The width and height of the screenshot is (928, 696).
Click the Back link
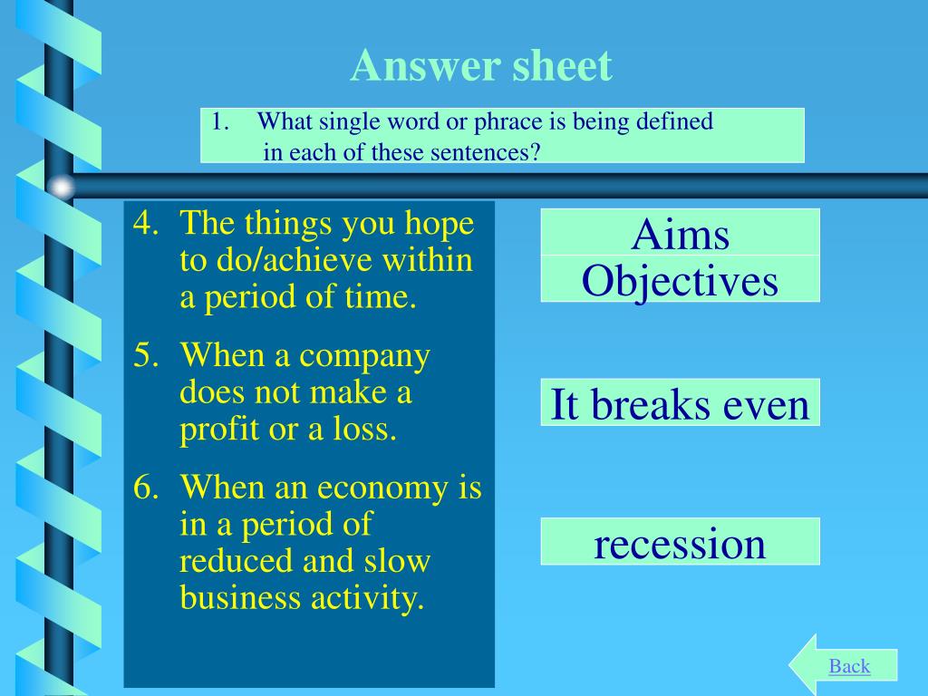pos(849,666)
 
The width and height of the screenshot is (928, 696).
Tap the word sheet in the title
pos(562,65)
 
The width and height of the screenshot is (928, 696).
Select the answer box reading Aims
pos(680,232)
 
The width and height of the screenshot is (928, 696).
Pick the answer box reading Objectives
pos(680,279)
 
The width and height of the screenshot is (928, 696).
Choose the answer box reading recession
pos(680,542)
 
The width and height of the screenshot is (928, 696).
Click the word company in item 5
pos(364,357)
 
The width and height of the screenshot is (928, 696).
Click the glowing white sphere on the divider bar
pos(61,188)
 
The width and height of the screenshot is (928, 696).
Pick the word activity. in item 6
pos(368,598)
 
